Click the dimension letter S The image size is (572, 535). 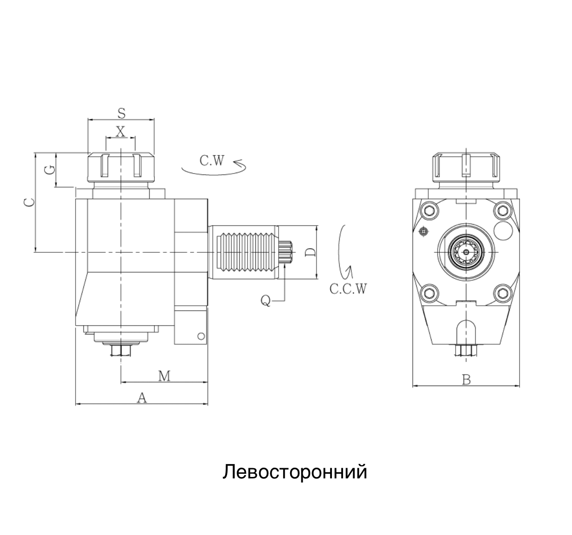(x=121, y=113)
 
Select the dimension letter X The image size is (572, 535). (x=121, y=132)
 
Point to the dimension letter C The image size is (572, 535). (x=29, y=202)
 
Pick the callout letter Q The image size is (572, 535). (x=266, y=301)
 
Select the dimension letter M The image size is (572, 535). (x=164, y=376)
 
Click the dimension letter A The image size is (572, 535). (x=142, y=398)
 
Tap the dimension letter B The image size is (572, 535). (x=466, y=380)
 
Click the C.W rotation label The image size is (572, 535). (x=212, y=161)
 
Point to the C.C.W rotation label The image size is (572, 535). (x=348, y=289)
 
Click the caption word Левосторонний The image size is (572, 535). (x=295, y=472)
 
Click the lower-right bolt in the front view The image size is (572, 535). (x=502, y=292)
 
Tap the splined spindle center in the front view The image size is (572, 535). (x=466, y=252)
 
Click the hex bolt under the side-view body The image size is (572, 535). (x=121, y=351)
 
